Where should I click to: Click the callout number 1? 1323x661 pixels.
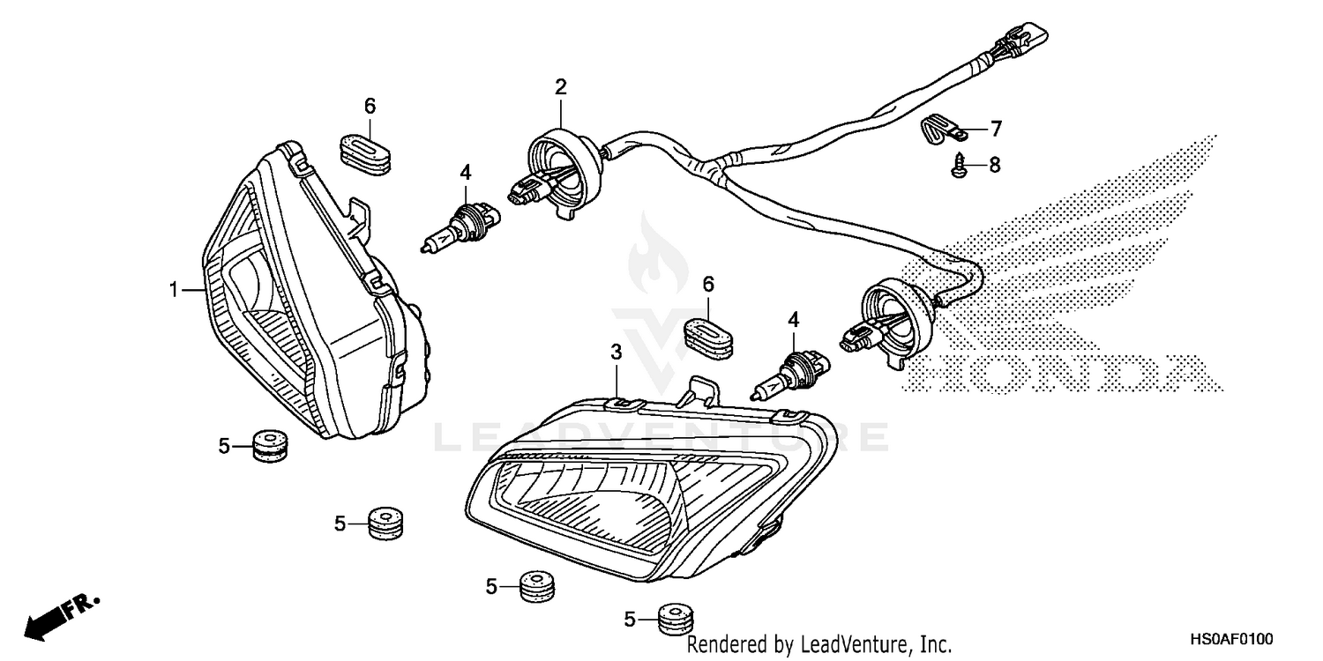coord(174,289)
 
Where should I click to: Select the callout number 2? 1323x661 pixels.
coord(560,86)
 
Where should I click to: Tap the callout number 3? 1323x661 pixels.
coord(617,353)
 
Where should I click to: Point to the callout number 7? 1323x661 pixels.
coord(996,130)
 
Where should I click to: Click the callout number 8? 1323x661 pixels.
coord(995,165)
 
